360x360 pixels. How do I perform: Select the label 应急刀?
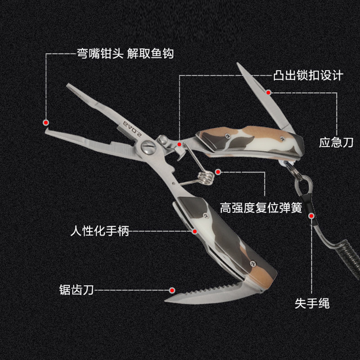pos(336,143)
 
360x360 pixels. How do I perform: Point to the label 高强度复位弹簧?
pos(261,208)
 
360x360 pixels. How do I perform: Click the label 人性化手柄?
pos(100,232)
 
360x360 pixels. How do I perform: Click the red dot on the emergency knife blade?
pos(268,92)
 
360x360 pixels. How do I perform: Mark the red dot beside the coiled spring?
pos(218,171)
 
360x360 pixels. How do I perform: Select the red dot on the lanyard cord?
pos(311,216)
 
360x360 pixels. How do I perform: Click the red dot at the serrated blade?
pos(171,290)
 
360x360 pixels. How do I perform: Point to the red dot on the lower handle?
pos(195,231)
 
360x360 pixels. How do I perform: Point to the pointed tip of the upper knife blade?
pos(239,66)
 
